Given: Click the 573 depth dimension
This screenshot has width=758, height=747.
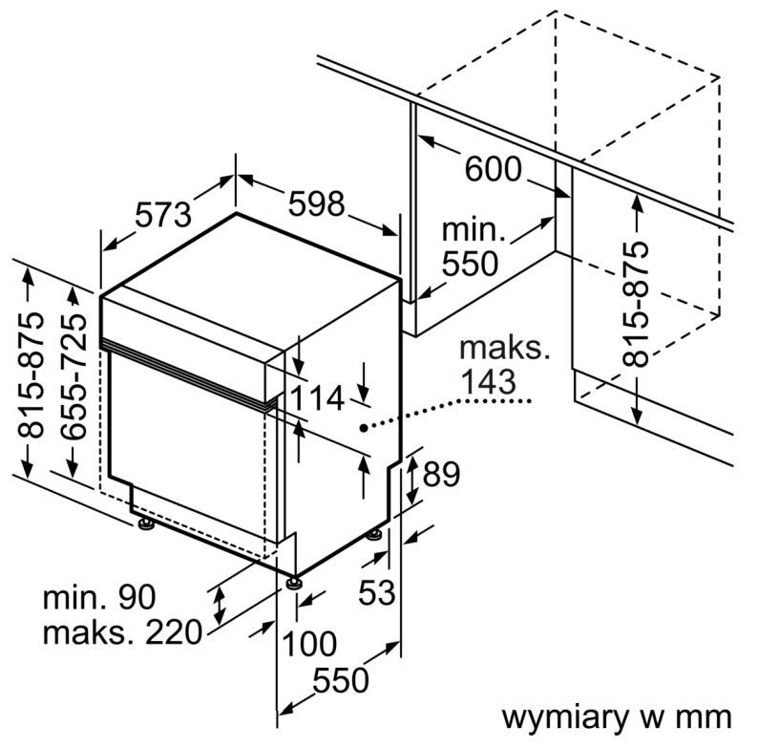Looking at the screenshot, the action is click(163, 215).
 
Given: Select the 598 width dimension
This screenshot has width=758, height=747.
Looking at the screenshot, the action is click(316, 203).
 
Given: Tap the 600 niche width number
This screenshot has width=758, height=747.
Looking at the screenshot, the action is click(494, 169).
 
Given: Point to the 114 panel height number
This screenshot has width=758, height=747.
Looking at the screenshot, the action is click(317, 399).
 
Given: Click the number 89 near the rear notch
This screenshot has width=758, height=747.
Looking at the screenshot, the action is click(441, 475).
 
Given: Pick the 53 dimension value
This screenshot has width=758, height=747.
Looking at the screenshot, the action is click(376, 591).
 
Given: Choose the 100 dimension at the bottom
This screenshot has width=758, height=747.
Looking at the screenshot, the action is click(309, 644).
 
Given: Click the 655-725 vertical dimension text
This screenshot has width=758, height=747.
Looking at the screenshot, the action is click(74, 376).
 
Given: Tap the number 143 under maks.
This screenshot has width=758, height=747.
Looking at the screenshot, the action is click(488, 382).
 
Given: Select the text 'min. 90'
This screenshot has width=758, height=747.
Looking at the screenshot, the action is click(99, 597).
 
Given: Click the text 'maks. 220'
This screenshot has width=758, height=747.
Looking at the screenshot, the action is click(122, 631).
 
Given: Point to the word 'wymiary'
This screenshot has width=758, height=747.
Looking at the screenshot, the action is click(564, 717).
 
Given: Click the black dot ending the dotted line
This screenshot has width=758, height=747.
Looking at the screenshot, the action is click(363, 427).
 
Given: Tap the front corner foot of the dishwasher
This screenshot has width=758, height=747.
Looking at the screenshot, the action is click(293, 582).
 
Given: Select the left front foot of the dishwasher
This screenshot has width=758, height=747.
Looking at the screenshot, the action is click(145, 525).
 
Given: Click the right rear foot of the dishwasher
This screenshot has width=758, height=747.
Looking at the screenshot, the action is click(373, 536).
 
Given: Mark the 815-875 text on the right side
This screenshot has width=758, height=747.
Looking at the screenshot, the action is click(635, 304).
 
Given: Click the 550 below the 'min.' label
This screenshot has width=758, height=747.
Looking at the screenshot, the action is click(470, 264).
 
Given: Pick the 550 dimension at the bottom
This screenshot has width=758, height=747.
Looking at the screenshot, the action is click(340, 680).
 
